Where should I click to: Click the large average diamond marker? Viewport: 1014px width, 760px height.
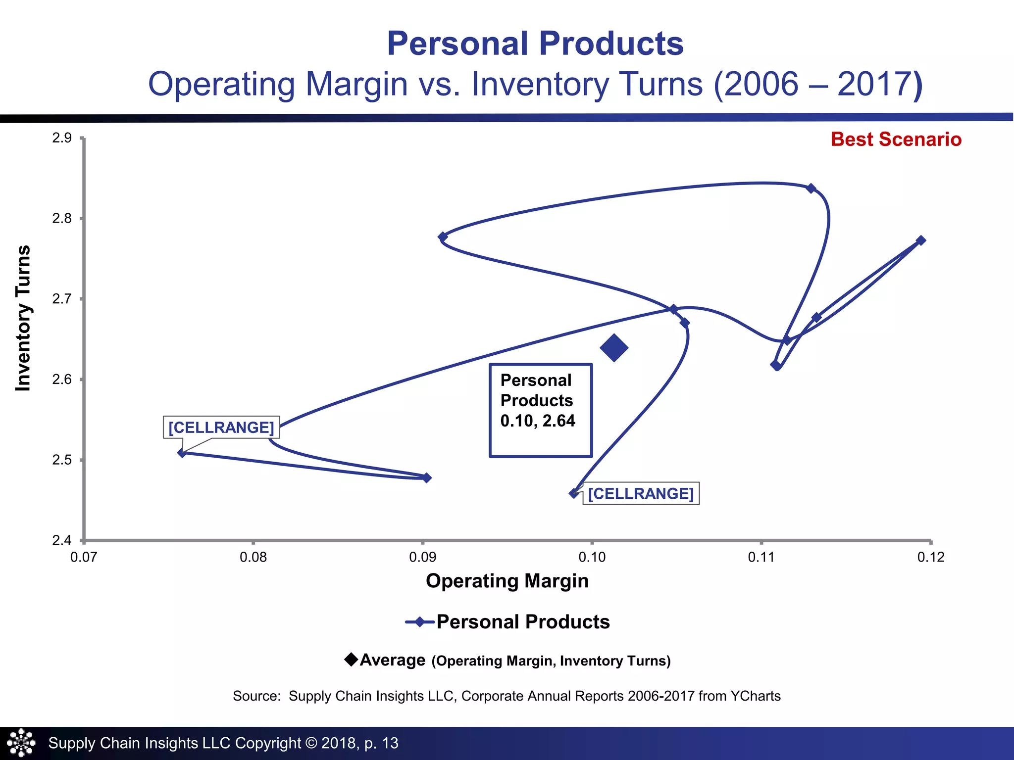coord(614,348)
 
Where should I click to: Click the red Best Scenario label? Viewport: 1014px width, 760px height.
coord(896,140)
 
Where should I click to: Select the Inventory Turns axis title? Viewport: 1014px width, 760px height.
coord(23,318)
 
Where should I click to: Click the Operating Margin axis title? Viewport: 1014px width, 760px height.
coord(507,581)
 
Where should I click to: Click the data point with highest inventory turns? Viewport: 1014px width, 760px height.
coord(811,189)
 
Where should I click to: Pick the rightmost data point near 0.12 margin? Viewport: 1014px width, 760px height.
coord(921,240)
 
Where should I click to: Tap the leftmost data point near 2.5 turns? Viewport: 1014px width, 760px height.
coord(182,453)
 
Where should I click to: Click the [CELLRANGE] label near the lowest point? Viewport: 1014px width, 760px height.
coord(641,494)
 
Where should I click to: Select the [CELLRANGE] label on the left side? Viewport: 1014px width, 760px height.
coord(221,427)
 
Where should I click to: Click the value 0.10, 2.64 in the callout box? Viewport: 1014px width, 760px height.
coord(538,421)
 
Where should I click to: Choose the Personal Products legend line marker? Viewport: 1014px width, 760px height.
coord(420,622)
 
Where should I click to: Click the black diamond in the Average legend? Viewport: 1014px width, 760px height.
coord(351,660)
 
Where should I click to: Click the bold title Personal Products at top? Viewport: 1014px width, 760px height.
coord(535,44)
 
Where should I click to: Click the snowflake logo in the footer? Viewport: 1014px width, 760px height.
coord(21,743)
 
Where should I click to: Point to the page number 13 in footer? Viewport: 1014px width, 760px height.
coord(390,743)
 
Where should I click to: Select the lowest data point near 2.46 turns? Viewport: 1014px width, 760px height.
coord(574,493)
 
